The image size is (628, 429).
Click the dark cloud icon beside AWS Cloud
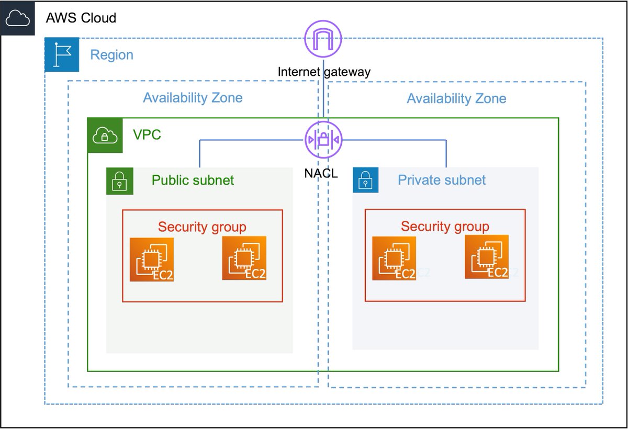tap(18, 18)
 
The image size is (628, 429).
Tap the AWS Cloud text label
tap(81, 18)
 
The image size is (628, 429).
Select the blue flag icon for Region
tap(62, 54)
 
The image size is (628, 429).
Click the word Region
tap(111, 55)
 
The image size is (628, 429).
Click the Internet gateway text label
tap(323, 72)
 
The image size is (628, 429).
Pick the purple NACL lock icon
tap(323, 140)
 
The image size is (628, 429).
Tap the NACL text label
tap(321, 173)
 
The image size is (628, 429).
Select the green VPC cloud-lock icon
tap(105, 136)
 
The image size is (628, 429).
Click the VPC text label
tap(147, 135)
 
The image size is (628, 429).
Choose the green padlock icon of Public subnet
tap(120, 181)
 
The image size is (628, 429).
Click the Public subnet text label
tap(193, 180)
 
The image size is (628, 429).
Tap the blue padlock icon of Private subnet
tap(365, 180)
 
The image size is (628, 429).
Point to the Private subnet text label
tap(442, 180)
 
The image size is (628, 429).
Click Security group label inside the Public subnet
tap(202, 227)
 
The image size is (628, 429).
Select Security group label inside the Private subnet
tap(445, 227)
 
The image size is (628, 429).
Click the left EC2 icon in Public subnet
tap(152, 259)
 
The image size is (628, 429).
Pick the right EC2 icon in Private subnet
tap(487, 257)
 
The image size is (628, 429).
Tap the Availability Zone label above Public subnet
tap(193, 98)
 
